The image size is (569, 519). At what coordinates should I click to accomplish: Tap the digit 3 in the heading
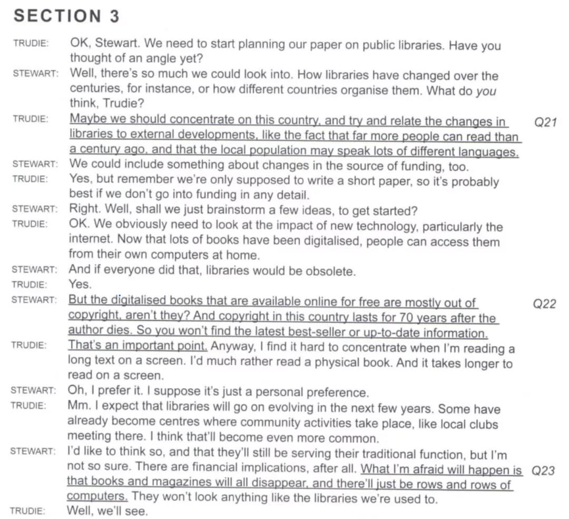[x=114, y=16]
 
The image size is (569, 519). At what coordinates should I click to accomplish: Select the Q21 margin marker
[x=545, y=123]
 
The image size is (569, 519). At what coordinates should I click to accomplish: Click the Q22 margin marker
[x=545, y=304]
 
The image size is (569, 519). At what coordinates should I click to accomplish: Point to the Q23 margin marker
[x=544, y=470]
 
